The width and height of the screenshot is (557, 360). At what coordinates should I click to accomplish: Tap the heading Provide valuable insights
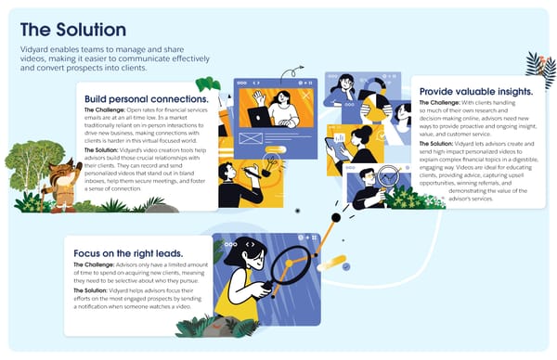[475, 92]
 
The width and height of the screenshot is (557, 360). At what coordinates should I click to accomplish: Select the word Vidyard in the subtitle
[37, 49]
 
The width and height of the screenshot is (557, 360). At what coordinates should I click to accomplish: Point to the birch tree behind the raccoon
[23, 162]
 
